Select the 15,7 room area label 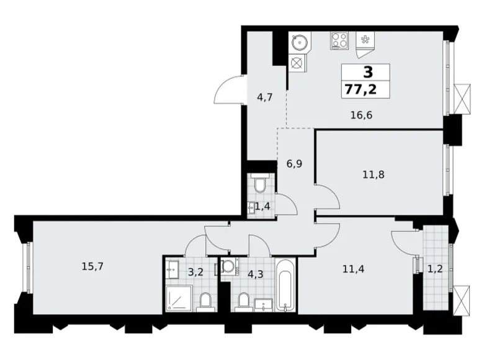point(92,267)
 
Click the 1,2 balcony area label point(434,269)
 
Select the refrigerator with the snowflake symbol point(365,40)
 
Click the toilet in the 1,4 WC point(261,185)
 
